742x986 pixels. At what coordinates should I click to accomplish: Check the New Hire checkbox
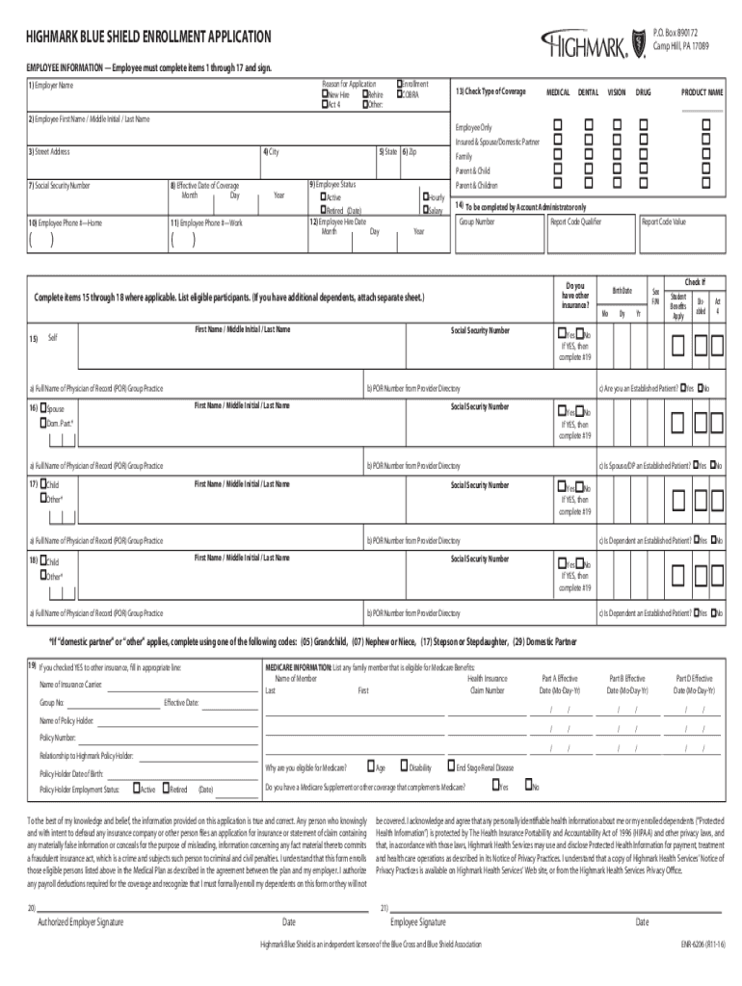(x=325, y=94)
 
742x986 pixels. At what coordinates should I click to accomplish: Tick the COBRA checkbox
(x=398, y=94)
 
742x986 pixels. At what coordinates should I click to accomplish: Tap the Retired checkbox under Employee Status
(x=325, y=210)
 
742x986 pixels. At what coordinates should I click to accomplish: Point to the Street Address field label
(x=49, y=152)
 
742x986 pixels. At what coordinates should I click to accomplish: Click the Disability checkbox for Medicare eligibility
(x=404, y=766)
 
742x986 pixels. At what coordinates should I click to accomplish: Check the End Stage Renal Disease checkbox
(x=449, y=766)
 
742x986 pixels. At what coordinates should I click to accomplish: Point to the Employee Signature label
(x=417, y=921)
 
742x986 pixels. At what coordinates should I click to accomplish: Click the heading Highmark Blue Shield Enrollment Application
(x=149, y=37)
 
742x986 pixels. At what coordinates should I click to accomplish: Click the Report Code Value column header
(x=664, y=221)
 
